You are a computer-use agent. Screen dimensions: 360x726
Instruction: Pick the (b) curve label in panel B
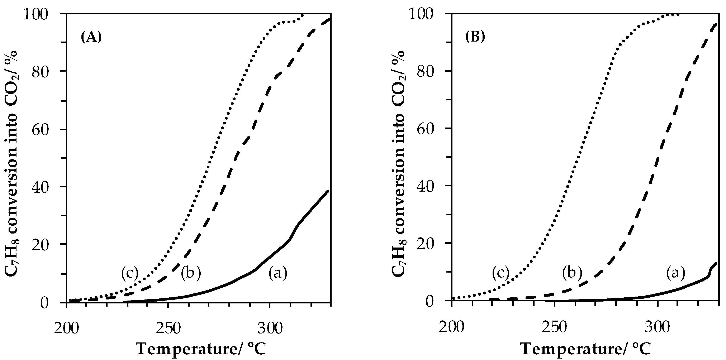572,273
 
